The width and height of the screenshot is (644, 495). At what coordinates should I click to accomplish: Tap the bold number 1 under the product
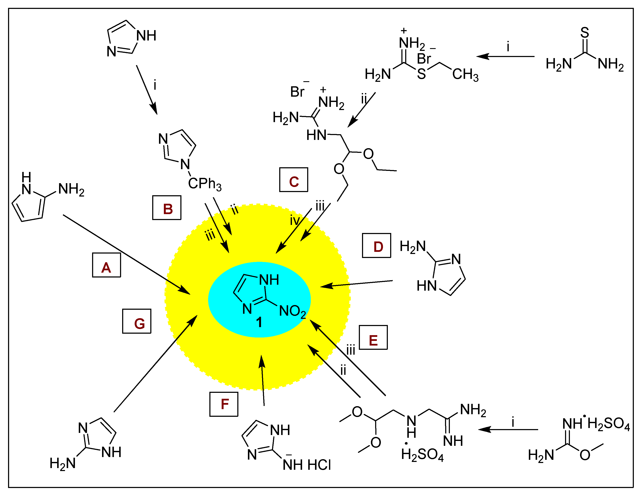(259, 323)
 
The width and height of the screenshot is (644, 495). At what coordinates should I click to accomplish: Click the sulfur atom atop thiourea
(585, 32)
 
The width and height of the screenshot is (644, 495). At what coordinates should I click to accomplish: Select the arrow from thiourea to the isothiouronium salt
(505, 56)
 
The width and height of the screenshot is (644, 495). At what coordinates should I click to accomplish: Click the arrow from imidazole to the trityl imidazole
(146, 90)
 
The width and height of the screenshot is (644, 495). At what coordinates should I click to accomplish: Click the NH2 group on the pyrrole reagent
(71, 190)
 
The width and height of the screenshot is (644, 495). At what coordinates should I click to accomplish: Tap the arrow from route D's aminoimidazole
(356, 283)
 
